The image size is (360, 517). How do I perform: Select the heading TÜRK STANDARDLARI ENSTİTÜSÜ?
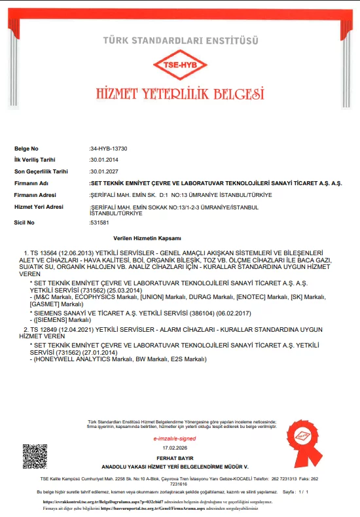[x=179, y=41]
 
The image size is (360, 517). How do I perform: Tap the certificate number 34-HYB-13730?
[x=109, y=149]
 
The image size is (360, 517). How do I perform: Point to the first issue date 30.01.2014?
[x=103, y=160]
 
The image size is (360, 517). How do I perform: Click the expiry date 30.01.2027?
[x=103, y=171]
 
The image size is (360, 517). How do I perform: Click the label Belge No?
[x=26, y=149]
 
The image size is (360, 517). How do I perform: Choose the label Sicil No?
[x=24, y=223]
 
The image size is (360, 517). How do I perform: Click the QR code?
[x=35, y=455]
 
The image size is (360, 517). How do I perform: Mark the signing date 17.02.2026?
[x=174, y=448]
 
